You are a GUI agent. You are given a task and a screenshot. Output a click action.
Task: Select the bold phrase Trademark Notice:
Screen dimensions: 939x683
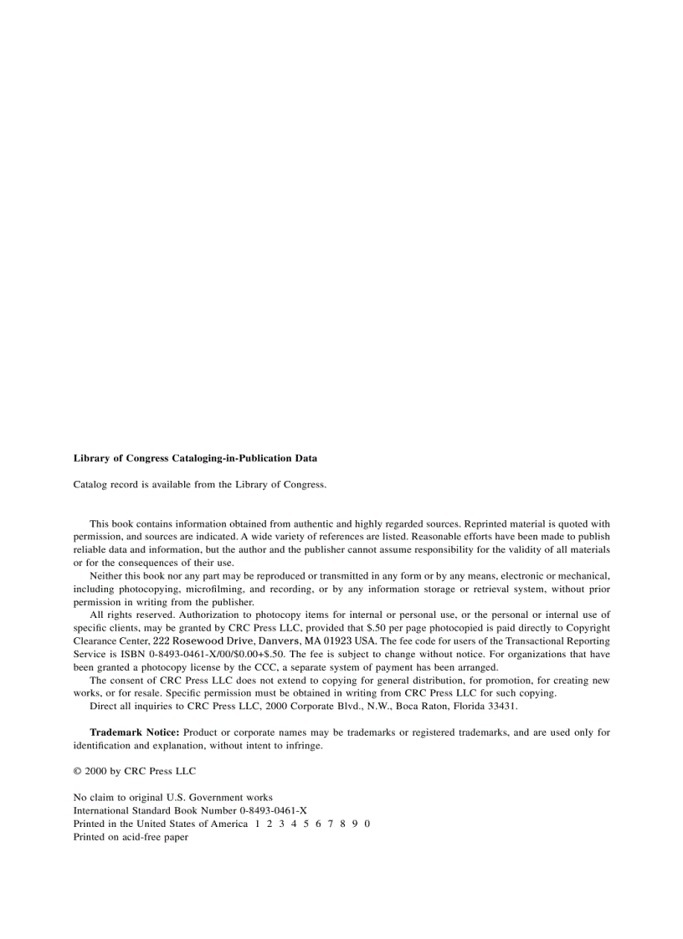tap(134, 732)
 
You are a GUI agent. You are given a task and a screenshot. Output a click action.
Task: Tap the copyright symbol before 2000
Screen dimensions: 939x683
tap(77, 771)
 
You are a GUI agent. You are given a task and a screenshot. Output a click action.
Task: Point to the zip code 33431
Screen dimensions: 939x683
tap(504, 706)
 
